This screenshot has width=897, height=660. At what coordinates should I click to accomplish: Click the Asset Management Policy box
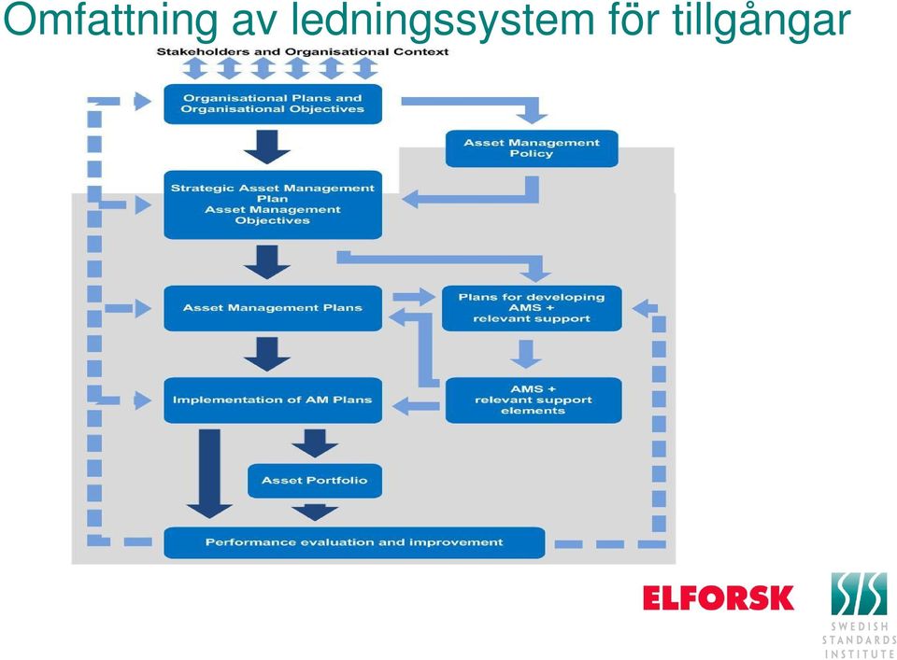pyautogui.click(x=532, y=148)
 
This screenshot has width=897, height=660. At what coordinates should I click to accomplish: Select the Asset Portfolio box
pyautogui.click(x=315, y=481)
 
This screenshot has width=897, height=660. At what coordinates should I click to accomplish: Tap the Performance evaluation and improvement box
pyautogui.click(x=354, y=542)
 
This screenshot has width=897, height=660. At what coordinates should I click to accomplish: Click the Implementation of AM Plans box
pyautogui.click(x=272, y=400)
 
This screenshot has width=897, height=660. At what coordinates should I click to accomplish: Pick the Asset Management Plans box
pyautogui.click(x=272, y=308)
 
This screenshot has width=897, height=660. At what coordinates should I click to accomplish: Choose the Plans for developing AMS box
pyautogui.click(x=532, y=308)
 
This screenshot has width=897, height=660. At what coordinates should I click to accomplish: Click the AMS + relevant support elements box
pyautogui.click(x=534, y=400)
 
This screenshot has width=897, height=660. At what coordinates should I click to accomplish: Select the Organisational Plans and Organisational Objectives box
pyautogui.click(x=272, y=104)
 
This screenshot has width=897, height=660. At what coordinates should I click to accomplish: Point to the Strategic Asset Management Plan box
pyautogui.click(x=272, y=204)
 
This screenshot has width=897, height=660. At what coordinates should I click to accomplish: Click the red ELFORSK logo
pyautogui.click(x=719, y=597)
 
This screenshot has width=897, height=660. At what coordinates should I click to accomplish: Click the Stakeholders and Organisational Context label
pyautogui.click(x=303, y=52)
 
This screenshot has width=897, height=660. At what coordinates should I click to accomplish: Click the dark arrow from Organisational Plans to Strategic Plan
pyautogui.click(x=267, y=147)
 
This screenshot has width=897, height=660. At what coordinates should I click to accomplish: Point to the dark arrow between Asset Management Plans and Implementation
pyautogui.click(x=267, y=355)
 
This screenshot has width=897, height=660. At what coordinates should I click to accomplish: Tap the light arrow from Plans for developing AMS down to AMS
pyautogui.click(x=526, y=355)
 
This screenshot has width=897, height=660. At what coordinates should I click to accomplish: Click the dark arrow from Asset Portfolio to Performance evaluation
pyautogui.click(x=315, y=512)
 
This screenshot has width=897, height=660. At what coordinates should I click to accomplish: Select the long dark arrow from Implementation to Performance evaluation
pyautogui.click(x=209, y=473)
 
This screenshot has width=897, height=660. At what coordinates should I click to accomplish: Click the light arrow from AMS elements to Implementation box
pyautogui.click(x=416, y=406)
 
